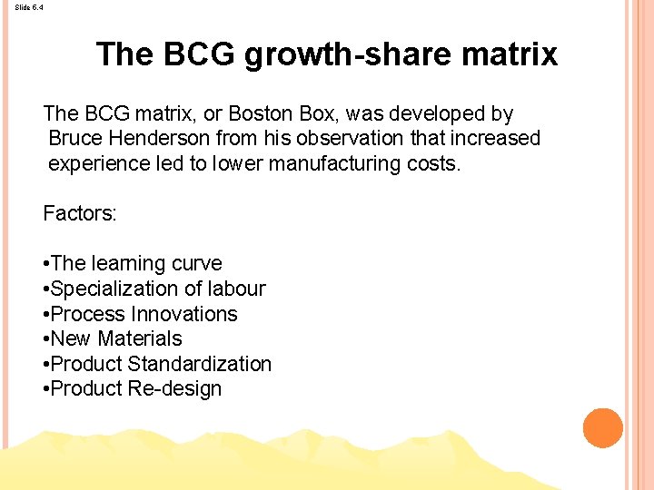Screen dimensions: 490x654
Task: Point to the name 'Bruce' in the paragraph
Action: point(76,139)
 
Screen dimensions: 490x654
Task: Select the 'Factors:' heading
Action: point(80,214)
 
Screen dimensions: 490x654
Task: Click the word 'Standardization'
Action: point(200,364)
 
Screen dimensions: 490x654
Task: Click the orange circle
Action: point(602,428)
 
